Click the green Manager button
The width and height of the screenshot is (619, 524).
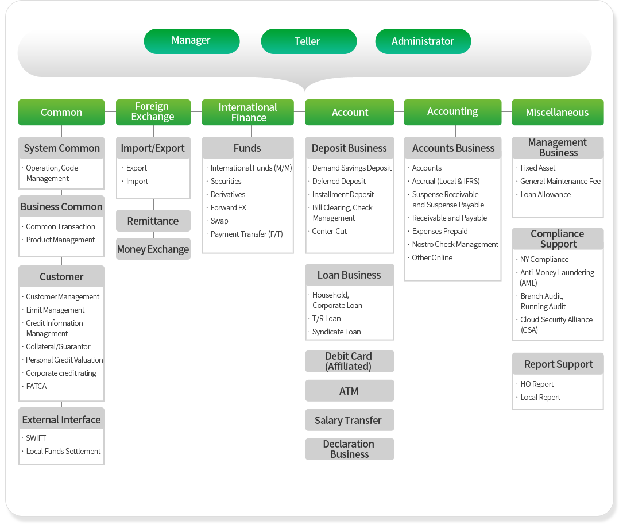click(x=191, y=41)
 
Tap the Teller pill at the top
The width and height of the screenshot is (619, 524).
click(x=309, y=41)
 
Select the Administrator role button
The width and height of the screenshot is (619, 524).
click(x=423, y=41)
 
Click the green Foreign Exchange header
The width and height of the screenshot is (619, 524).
click(x=153, y=112)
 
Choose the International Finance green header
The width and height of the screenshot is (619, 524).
click(x=248, y=112)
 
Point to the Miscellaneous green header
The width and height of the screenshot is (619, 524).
click(x=558, y=112)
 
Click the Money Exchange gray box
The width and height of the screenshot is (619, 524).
click(x=153, y=249)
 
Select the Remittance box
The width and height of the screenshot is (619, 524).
click(x=153, y=221)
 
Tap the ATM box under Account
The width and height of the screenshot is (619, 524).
click(x=349, y=391)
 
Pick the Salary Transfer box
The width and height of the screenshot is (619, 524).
click(x=349, y=420)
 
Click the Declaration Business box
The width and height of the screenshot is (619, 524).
click(x=349, y=449)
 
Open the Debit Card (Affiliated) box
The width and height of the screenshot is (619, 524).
click(x=349, y=361)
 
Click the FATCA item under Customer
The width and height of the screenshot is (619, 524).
click(x=36, y=386)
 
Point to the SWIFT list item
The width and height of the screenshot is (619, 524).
click(x=36, y=438)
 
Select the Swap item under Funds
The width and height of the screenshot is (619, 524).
click(x=219, y=221)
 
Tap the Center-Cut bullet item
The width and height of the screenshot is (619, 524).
click(x=329, y=231)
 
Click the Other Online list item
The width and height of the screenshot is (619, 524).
click(x=432, y=257)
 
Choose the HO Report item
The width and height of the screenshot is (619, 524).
click(x=537, y=384)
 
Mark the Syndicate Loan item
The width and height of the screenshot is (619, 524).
click(x=336, y=332)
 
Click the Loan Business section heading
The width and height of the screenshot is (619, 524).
click(x=349, y=275)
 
